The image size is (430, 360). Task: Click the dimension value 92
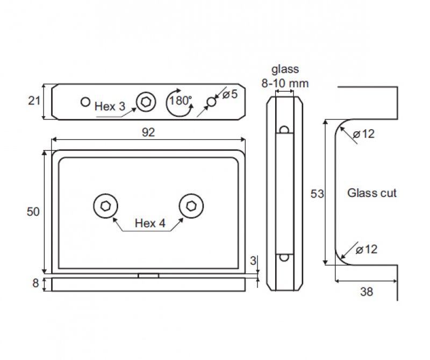[148, 133]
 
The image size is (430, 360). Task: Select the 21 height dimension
[34, 100]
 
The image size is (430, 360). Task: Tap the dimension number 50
[33, 212]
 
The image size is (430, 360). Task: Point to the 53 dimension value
[317, 194]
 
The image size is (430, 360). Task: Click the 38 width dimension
[366, 292]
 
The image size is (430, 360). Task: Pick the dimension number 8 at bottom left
[36, 284]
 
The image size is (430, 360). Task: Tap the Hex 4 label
[149, 223]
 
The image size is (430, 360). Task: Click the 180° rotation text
[180, 101]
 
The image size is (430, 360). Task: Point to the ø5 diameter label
[230, 95]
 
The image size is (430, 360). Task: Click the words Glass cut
[372, 193]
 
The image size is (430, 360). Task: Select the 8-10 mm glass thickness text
[285, 83]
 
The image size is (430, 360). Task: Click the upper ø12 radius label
[364, 135]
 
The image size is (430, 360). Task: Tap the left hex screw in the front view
[105, 206]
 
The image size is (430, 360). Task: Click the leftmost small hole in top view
[85, 101]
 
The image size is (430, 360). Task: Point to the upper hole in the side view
[285, 129]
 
